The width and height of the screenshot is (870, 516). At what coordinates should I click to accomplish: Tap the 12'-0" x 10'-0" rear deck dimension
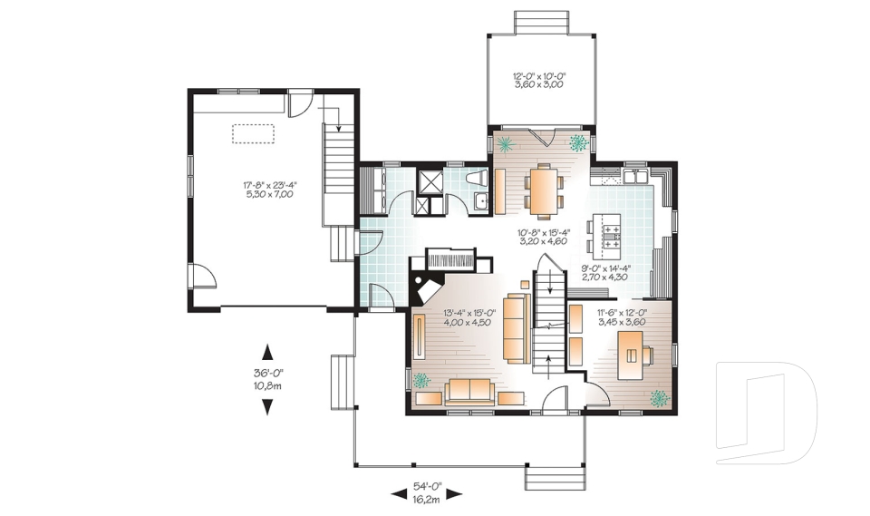click(539, 80)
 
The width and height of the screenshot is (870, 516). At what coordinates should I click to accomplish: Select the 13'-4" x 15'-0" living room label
click(469, 318)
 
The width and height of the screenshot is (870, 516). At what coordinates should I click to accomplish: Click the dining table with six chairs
click(544, 190)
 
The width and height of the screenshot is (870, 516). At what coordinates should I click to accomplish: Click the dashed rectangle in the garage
click(254, 133)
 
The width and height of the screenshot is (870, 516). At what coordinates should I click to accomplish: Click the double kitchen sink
click(635, 174)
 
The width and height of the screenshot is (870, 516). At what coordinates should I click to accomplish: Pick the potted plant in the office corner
click(659, 397)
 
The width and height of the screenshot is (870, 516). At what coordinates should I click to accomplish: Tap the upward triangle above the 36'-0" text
click(267, 351)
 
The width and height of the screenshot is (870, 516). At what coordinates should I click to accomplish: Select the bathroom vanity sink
click(484, 200)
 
